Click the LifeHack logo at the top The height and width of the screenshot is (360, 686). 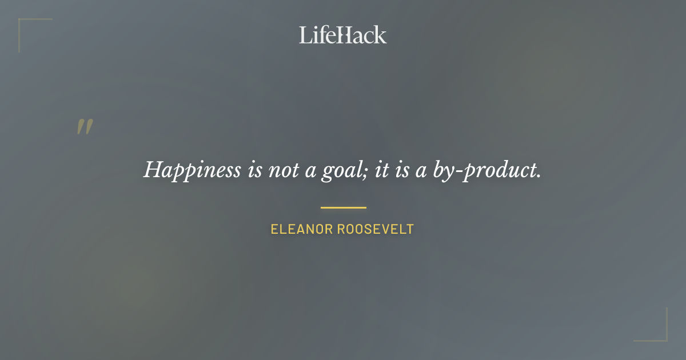pyautogui.click(x=343, y=35)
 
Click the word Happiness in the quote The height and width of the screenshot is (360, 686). pyautogui.click(x=192, y=170)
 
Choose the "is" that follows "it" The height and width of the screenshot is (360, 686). pyautogui.click(x=402, y=170)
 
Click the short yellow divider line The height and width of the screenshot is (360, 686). pyautogui.click(x=343, y=207)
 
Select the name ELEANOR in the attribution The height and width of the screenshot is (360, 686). pyautogui.click(x=301, y=230)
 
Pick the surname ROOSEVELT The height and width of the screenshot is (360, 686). pyautogui.click(x=376, y=230)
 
